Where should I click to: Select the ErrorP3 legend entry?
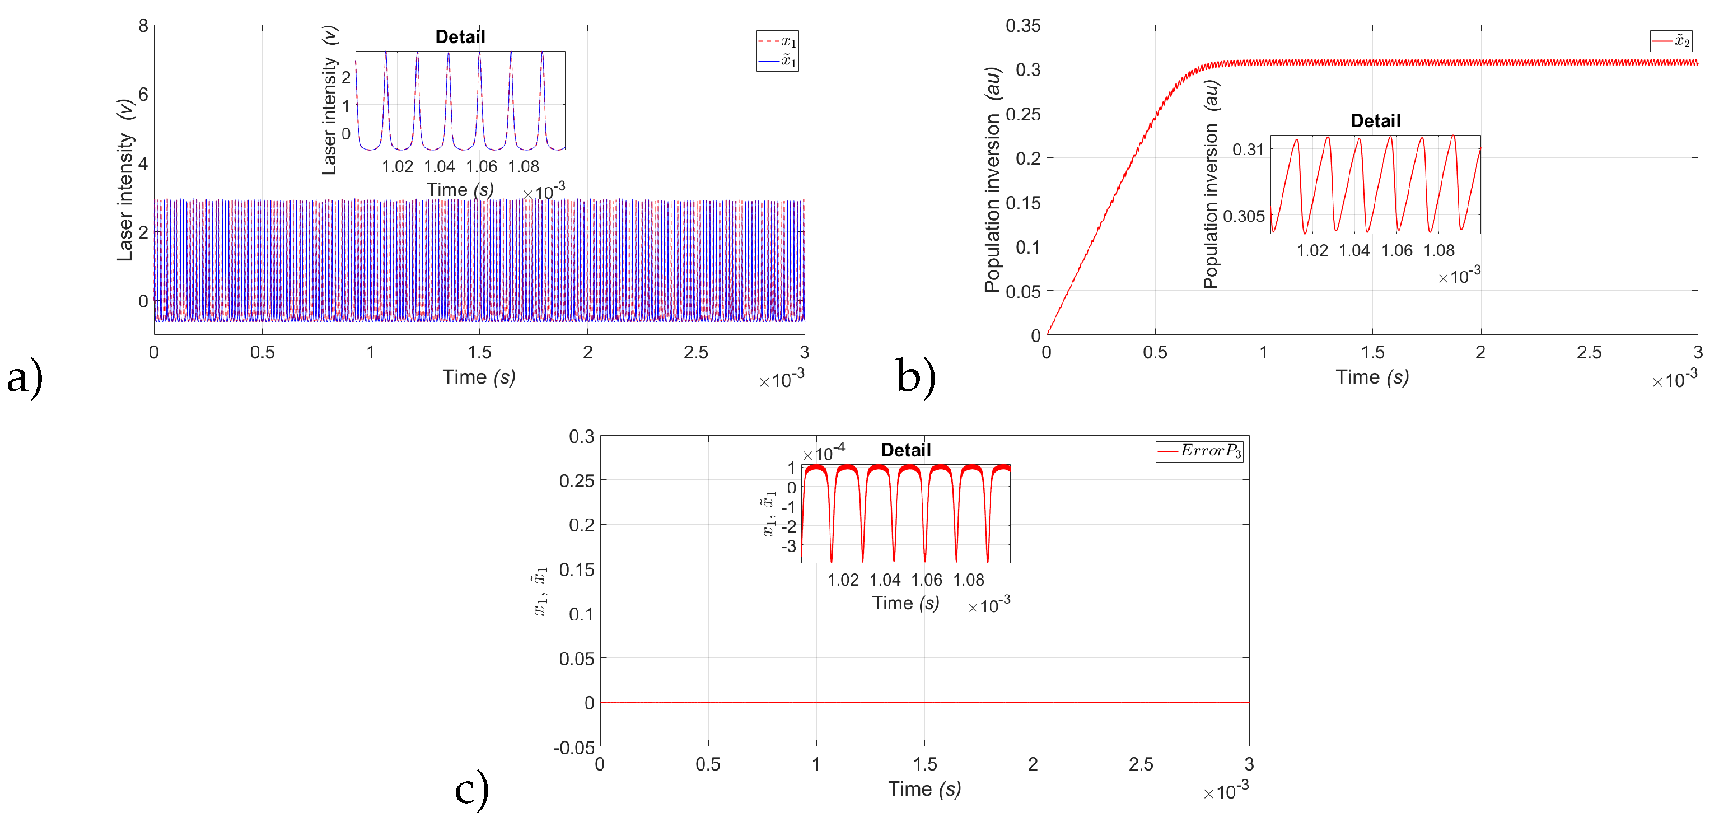[x=1199, y=451]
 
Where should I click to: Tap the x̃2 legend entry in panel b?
[x=1671, y=41]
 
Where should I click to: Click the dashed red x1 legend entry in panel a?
[x=777, y=41]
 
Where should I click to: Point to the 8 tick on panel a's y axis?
[x=143, y=26]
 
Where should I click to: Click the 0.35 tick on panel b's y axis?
[x=1022, y=26]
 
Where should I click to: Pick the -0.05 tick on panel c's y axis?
[x=573, y=747]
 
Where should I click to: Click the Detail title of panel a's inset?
[x=460, y=37]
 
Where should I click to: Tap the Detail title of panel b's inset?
[x=1375, y=121]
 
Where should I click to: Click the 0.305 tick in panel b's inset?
[x=1243, y=216]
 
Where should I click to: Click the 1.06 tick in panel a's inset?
[x=481, y=166]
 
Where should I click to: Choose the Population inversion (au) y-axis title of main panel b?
[x=992, y=179]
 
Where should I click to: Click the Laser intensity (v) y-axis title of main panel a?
[x=125, y=179]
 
